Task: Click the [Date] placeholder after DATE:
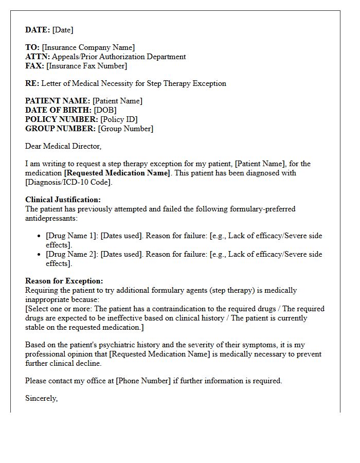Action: (63, 30)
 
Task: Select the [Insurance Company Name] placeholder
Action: (88, 47)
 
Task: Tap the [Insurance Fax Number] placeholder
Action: (86, 66)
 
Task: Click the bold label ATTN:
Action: (38, 57)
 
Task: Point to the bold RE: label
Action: (32, 83)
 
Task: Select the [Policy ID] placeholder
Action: (119, 119)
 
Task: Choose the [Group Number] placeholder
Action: (125, 129)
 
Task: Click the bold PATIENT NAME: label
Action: (58, 101)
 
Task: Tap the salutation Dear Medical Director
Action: (63, 146)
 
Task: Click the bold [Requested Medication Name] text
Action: (117, 173)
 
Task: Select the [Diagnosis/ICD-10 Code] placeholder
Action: (68, 182)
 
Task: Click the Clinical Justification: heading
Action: (63, 200)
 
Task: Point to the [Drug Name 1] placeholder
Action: (71, 236)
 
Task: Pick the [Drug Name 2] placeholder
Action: (71, 254)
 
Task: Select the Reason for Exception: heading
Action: (64, 281)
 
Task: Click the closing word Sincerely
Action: (41, 398)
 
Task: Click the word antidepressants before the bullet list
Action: (51, 218)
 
